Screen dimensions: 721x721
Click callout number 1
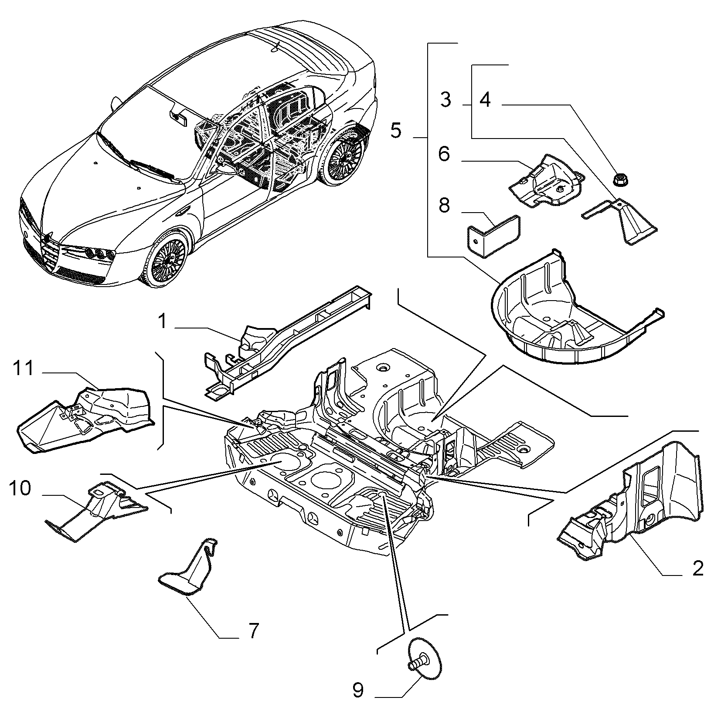(x=162, y=322)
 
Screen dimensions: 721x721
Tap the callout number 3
(x=445, y=100)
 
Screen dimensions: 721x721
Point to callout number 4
(x=485, y=100)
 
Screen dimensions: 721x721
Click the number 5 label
(x=395, y=130)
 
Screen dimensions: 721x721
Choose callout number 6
(x=444, y=154)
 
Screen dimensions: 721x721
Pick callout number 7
(x=254, y=630)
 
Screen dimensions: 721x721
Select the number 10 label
(x=20, y=488)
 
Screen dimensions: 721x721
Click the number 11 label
(x=23, y=369)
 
